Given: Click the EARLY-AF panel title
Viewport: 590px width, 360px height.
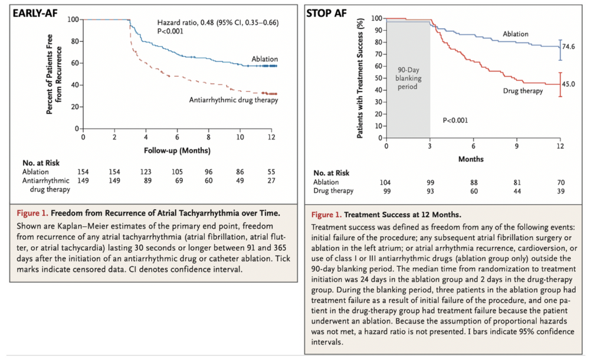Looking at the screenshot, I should pos(36,14).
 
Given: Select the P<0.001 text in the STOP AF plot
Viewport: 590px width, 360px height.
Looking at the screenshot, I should pos(456,120).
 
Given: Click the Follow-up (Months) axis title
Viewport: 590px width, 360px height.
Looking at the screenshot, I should pos(177,150).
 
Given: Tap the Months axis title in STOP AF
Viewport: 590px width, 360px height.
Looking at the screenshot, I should pos(471,159).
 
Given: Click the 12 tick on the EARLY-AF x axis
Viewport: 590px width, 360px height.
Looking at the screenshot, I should pos(271,137).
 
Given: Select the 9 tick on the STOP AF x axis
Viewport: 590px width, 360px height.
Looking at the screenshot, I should pos(517,145).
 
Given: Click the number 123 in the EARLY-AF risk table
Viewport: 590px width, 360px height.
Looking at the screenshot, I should pos(146,172).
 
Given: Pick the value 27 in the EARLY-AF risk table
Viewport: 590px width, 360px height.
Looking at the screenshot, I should pos(271,181).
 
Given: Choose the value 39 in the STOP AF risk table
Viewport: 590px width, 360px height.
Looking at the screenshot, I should pos(560,191).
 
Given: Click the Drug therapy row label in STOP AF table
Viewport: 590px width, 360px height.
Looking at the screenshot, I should pos(334,191).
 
